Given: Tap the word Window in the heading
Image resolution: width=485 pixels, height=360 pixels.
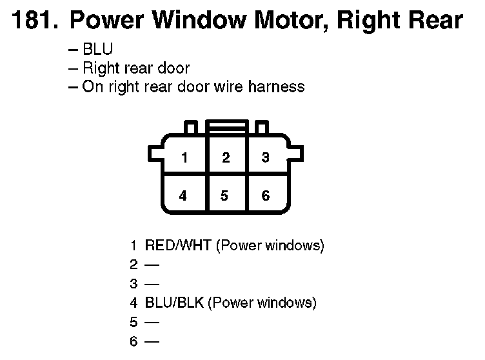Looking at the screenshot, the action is [199, 20].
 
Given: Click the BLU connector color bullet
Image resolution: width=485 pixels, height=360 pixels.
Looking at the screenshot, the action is [98, 49].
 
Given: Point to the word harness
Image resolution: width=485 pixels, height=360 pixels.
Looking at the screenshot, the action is [276, 86].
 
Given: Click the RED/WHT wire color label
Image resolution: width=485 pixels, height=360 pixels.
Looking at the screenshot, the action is [178, 245].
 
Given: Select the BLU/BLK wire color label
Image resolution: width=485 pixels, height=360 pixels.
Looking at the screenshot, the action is [174, 303].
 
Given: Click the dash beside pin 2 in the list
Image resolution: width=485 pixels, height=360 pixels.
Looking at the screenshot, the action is [152, 265].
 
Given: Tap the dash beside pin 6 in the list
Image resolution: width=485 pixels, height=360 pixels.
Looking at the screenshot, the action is [152, 342].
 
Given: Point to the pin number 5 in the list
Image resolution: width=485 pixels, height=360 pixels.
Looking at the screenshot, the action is [134, 322].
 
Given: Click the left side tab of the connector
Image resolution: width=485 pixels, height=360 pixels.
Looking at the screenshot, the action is [155, 154].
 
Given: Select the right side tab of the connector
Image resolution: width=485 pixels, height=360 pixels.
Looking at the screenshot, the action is [296, 154].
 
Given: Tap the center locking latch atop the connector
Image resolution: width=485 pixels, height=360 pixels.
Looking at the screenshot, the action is [227, 127].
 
